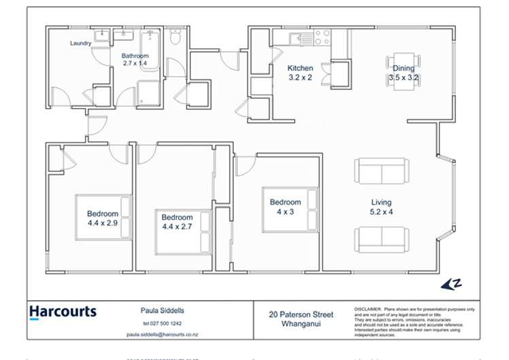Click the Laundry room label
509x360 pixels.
(x=80, y=43)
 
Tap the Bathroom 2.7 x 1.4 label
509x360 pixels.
(x=135, y=59)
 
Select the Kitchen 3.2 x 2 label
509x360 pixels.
(x=300, y=73)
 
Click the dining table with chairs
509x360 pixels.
(x=403, y=69)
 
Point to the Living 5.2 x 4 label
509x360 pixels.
(x=381, y=208)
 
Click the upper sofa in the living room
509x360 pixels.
(x=381, y=170)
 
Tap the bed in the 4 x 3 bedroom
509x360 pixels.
(x=291, y=210)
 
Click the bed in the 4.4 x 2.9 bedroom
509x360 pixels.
(x=103, y=217)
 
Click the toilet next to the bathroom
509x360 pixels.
(x=175, y=39)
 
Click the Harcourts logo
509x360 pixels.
(x=63, y=312)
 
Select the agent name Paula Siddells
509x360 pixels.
(x=158, y=311)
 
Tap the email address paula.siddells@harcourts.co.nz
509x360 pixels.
(x=162, y=335)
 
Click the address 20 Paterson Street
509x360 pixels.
(x=301, y=314)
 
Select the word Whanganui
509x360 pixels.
(x=301, y=324)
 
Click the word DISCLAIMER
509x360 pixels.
(x=368, y=309)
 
